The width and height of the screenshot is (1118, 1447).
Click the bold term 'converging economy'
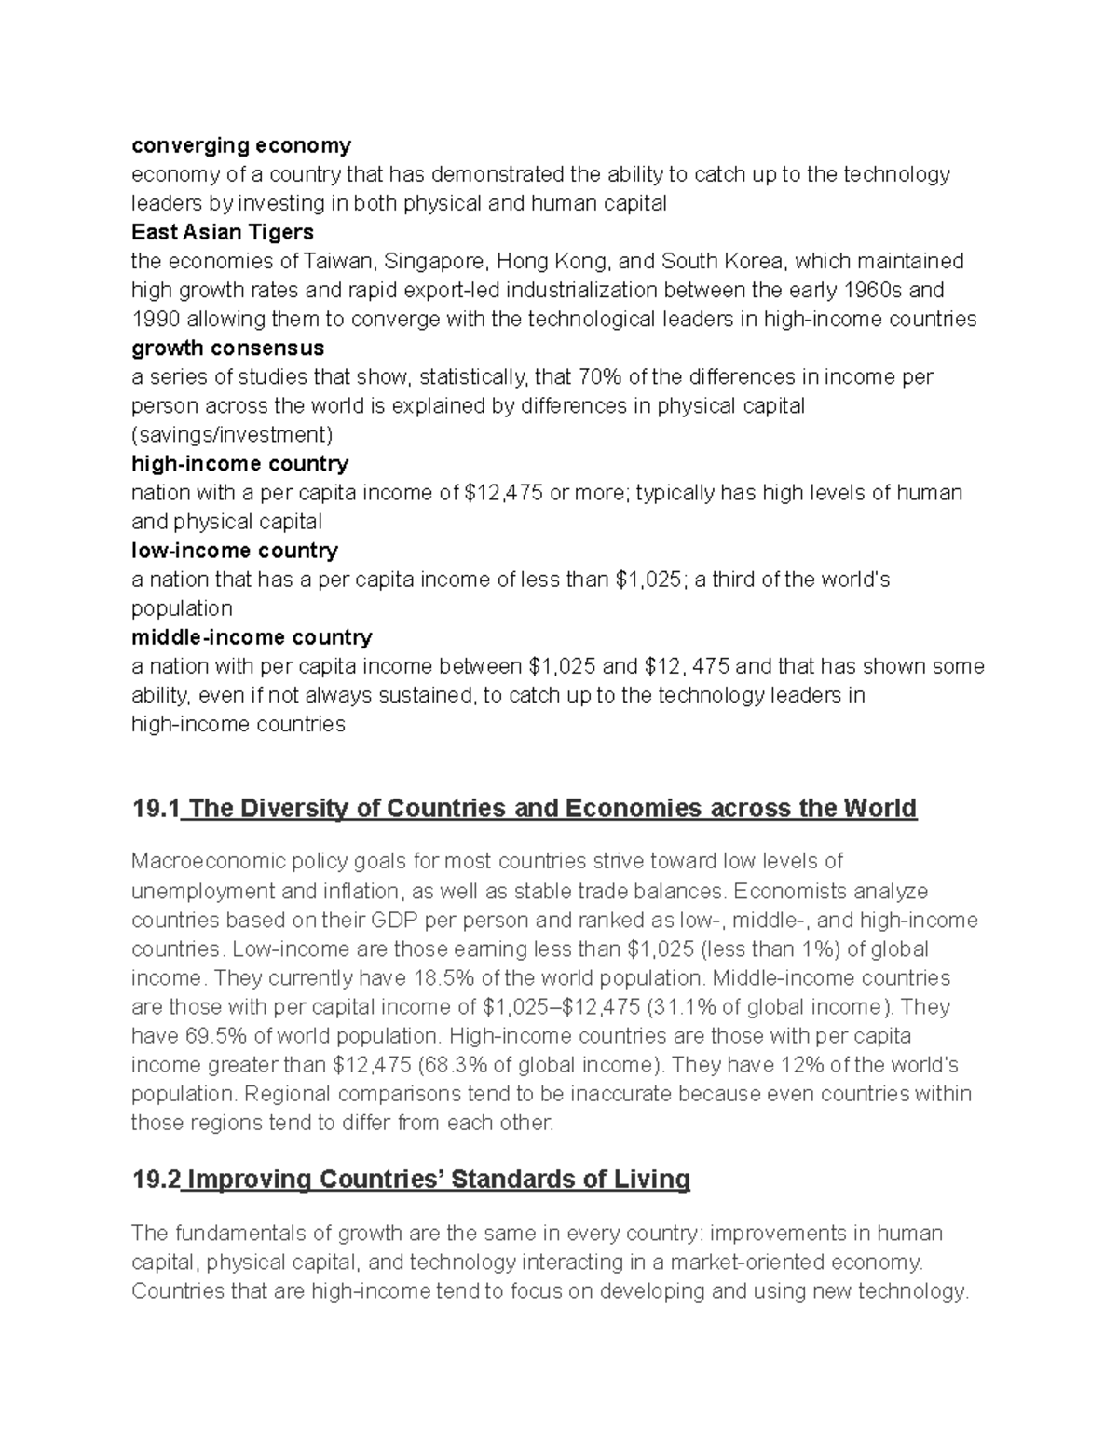point(241,145)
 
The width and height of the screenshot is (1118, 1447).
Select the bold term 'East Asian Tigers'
point(222,232)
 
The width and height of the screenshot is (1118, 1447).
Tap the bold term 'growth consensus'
point(227,348)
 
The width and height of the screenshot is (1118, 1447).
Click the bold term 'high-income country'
point(239,463)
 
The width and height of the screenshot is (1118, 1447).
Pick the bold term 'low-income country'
point(234,550)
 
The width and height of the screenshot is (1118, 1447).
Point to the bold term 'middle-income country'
point(252,637)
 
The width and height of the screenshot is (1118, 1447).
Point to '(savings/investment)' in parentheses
point(231,434)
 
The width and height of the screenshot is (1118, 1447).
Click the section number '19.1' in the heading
point(155,808)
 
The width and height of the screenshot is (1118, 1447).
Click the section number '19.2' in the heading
point(155,1180)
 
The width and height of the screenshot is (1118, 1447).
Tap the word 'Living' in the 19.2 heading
point(650,1180)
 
